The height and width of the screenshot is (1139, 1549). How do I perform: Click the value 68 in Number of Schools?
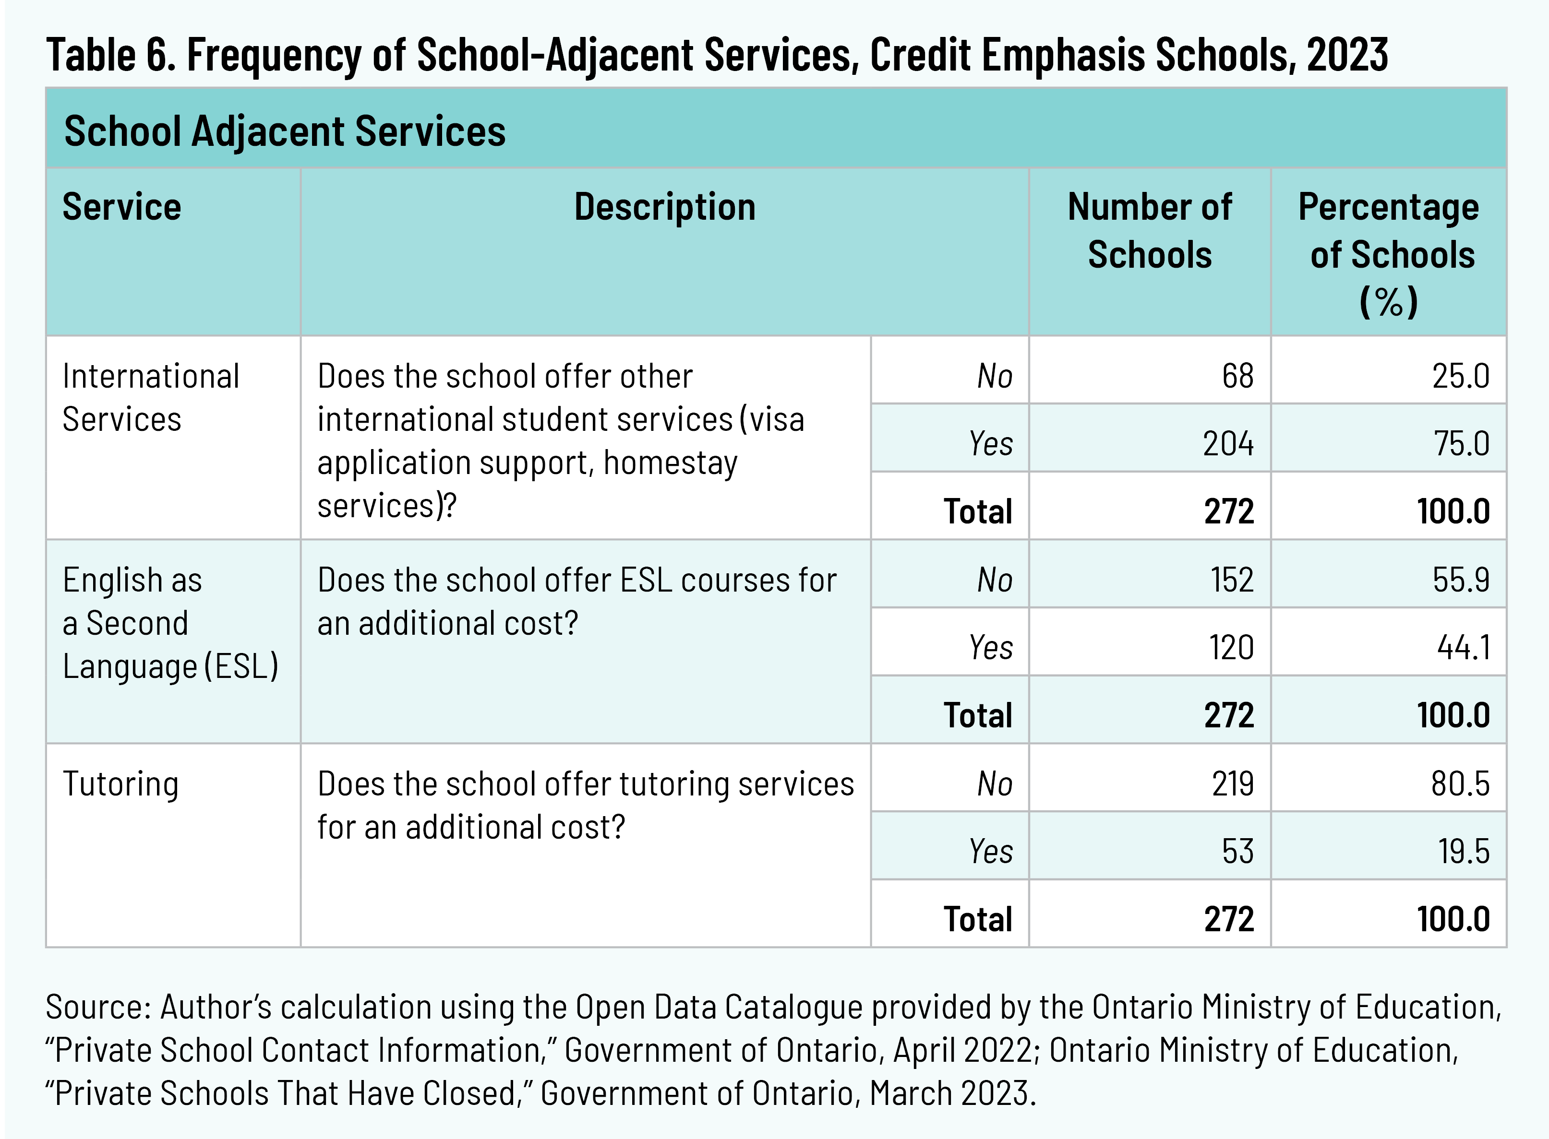click(x=1237, y=376)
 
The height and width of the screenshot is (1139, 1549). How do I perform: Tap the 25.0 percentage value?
click(x=1460, y=376)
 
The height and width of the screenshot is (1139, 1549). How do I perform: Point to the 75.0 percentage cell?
click(x=1462, y=443)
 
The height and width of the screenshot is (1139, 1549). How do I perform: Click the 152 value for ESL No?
click(x=1232, y=579)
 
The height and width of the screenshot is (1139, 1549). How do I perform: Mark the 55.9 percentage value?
click(x=1461, y=579)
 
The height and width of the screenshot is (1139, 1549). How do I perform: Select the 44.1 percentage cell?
click(x=1463, y=647)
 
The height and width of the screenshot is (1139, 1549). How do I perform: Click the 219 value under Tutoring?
click(x=1233, y=783)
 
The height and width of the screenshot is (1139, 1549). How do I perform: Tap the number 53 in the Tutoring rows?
click(x=1237, y=851)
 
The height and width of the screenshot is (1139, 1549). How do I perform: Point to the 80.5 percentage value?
click(x=1460, y=783)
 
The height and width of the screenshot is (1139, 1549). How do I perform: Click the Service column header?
click(x=122, y=207)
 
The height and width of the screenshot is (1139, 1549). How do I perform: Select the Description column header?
click(x=665, y=207)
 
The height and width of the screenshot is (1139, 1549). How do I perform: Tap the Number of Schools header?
click(x=1150, y=230)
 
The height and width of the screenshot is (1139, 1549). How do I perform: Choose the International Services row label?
click(x=150, y=398)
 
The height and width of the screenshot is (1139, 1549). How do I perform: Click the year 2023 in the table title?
click(x=1347, y=55)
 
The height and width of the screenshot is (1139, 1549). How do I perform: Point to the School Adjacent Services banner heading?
click(x=285, y=131)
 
